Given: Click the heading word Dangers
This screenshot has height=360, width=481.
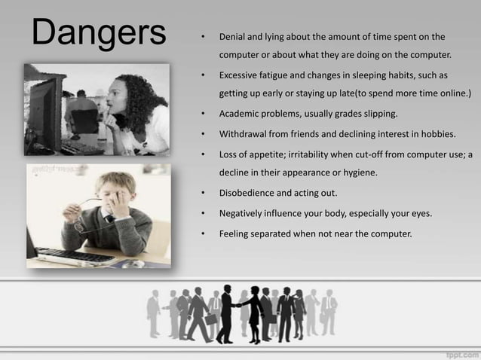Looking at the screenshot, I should tap(98, 33).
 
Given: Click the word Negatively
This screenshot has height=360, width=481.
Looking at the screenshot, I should tap(243, 213).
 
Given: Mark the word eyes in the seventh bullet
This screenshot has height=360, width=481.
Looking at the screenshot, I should tap(421, 213).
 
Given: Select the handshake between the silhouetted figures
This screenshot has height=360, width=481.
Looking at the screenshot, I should tap(238, 304).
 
